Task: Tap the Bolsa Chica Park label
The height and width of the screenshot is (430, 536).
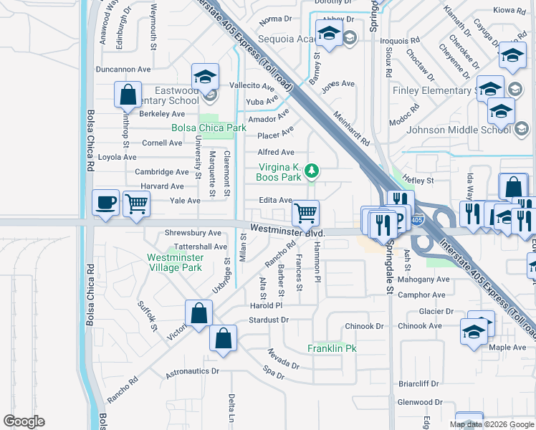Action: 209,128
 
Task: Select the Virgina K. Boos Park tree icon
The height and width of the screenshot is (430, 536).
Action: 311,171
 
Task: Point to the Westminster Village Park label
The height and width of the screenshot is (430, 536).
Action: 175,262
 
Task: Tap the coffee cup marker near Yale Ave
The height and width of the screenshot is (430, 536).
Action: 106,202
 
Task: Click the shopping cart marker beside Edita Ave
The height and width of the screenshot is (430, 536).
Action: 306,212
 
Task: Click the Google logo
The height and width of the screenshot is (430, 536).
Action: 24,421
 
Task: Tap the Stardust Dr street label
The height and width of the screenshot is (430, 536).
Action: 268,320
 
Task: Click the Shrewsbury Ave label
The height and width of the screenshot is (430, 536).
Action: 193,233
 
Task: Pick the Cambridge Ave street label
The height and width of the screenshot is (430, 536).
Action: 162,172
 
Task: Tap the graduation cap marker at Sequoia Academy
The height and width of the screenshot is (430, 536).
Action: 329,34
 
